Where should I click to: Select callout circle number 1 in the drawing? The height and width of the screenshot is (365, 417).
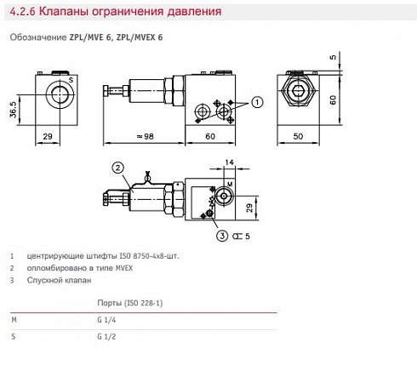(258, 102)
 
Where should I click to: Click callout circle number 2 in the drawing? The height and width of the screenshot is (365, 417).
(118, 167)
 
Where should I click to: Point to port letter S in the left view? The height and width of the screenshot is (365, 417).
(71, 79)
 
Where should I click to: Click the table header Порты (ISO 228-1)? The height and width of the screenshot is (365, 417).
(129, 303)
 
